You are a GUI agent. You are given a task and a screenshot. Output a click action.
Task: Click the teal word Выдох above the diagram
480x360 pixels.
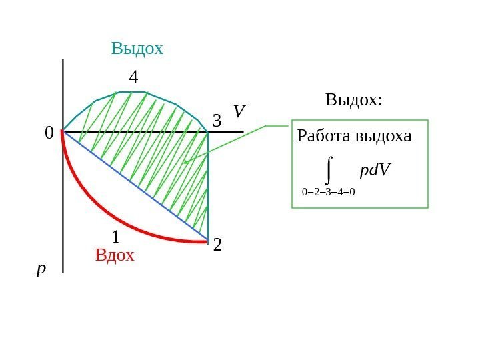pos(137,49)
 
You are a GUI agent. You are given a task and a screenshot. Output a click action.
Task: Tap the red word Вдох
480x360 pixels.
pos(115,255)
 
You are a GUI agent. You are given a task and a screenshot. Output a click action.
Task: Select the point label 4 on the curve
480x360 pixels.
pos(133,77)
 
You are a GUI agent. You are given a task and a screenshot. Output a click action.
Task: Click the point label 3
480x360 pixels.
pos(217,121)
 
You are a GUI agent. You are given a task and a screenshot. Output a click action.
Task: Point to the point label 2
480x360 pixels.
pos(217,247)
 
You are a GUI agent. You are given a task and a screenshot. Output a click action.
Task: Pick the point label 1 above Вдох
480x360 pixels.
pos(115,237)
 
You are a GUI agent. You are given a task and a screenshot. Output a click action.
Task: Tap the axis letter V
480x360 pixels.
pos(239,111)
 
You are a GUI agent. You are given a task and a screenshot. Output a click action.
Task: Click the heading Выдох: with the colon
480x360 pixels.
pos(354,100)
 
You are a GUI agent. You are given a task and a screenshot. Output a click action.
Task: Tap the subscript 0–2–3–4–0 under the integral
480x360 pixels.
pos(328,192)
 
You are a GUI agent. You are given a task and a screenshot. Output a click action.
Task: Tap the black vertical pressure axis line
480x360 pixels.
pos(63,200)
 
